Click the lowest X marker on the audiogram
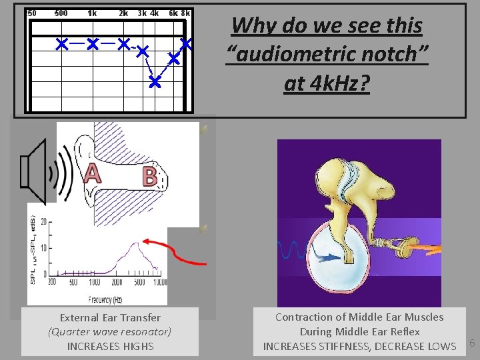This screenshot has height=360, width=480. click(155, 83)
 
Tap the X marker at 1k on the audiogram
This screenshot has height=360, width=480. click(92, 45)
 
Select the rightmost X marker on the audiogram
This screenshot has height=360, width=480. click(187, 44)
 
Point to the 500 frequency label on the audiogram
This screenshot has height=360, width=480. click(61, 13)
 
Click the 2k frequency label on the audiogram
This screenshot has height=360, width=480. click(123, 13)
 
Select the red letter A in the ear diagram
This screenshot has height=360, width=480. click(92, 174)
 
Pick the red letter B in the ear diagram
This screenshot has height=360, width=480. click(150, 177)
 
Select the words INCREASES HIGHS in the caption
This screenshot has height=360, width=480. click(110, 346)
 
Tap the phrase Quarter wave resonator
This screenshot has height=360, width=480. click(110, 332)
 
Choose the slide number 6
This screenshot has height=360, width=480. click(472, 343)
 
